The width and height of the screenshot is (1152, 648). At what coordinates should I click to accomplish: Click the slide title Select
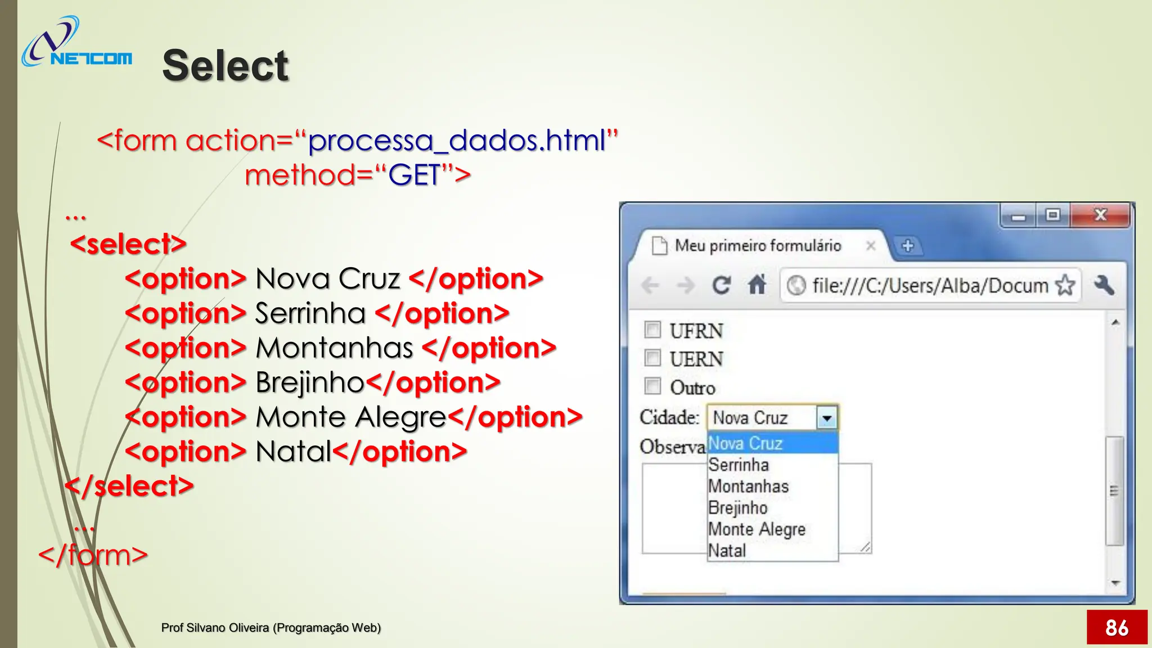[225, 65]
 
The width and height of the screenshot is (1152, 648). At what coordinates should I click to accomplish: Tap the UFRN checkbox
[652, 330]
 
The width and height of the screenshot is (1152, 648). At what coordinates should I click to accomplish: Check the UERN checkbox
[652, 358]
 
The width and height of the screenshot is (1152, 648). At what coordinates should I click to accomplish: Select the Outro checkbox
[652, 386]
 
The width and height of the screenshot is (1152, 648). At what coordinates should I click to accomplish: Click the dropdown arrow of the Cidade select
[827, 418]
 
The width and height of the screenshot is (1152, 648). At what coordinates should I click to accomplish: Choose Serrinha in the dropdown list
[739, 465]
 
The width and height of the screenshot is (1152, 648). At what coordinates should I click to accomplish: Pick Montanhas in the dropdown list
[748, 487]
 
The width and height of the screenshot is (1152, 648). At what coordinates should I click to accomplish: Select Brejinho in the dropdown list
[738, 508]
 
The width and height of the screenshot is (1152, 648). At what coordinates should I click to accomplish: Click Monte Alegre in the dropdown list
[757, 529]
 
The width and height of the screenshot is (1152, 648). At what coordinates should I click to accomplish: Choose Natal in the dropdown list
[727, 551]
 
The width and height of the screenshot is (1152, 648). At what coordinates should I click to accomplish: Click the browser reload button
[721, 285]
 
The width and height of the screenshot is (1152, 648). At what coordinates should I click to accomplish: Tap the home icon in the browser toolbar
[757, 285]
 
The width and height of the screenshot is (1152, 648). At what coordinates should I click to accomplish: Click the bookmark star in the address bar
[1065, 285]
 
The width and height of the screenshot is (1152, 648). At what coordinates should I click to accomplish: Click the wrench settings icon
[1104, 285]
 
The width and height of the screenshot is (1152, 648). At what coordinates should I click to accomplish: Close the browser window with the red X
[1100, 215]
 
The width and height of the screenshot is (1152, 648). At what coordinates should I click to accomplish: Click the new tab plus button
[907, 246]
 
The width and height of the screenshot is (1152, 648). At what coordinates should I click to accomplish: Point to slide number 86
[1117, 627]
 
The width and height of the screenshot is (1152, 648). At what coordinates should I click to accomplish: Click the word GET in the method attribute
[414, 175]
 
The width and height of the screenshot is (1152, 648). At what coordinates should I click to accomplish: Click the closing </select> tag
[129, 487]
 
